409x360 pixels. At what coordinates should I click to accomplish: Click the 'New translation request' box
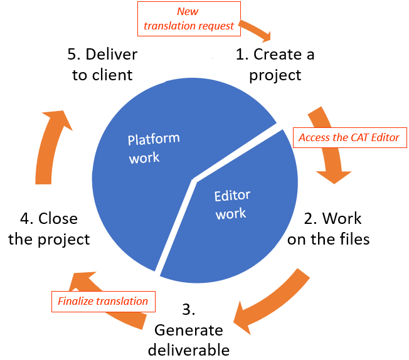tap(189, 18)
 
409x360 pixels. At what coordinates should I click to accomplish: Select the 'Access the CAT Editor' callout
tap(349, 137)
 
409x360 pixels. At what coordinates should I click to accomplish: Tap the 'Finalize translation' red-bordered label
tap(103, 301)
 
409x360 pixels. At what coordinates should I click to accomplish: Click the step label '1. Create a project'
tap(275, 65)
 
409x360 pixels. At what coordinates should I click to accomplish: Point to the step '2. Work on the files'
tap(328, 228)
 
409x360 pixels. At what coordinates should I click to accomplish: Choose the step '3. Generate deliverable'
tap(189, 330)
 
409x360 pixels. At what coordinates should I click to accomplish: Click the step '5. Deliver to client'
tap(102, 65)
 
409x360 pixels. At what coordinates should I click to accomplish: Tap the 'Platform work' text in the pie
tap(152, 148)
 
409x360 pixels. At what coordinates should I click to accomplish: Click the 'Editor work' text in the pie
tap(231, 204)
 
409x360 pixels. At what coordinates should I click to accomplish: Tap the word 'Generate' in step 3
tap(189, 330)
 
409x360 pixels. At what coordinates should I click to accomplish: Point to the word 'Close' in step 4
tap(58, 219)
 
